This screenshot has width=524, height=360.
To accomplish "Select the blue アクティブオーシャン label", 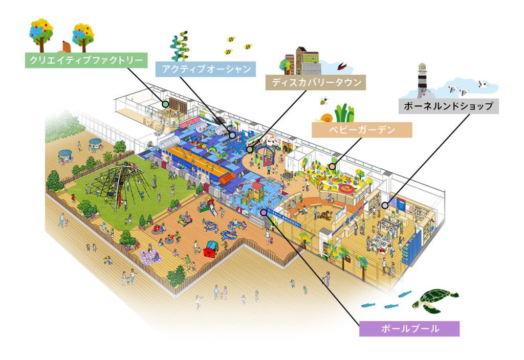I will coord(205,70).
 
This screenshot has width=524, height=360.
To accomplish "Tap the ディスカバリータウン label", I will coord(316,82).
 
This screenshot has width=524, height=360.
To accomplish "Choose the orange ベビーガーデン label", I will coord(362,129).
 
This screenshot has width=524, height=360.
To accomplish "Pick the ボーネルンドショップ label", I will coord(448,106).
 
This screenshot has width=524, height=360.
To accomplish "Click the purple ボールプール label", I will coord(409,328).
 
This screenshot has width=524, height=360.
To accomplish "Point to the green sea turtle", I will coord(434,301).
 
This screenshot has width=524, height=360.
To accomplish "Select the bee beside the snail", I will coord(323,100).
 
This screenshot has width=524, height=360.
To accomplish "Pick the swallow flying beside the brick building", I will coord(341,66).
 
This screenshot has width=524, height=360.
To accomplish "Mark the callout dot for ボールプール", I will coord(263,211).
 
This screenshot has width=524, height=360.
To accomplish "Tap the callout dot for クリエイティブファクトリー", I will coord(165,104).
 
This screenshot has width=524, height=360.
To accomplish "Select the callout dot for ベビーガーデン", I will coord(333,166).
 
